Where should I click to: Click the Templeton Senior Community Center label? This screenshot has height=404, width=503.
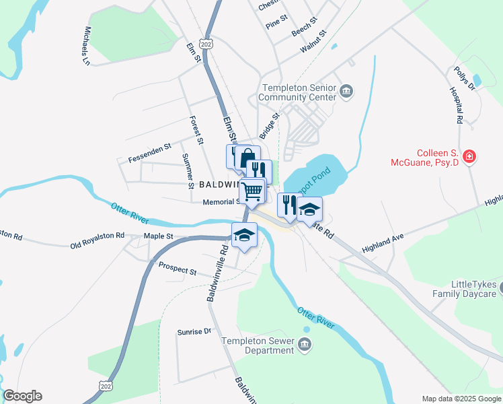[299, 92]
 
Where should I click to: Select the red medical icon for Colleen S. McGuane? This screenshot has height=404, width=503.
[469, 158]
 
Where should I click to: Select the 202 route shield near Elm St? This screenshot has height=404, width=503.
[206, 44]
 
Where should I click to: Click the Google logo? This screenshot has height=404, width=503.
[22, 396]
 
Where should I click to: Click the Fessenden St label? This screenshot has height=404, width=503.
[149, 152]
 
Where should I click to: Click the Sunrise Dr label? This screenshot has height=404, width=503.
[194, 331]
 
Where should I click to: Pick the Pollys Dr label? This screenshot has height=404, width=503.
[465, 79]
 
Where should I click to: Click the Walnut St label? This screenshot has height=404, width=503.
[313, 42]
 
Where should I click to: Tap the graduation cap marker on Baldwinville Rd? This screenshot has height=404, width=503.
[245, 236]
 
